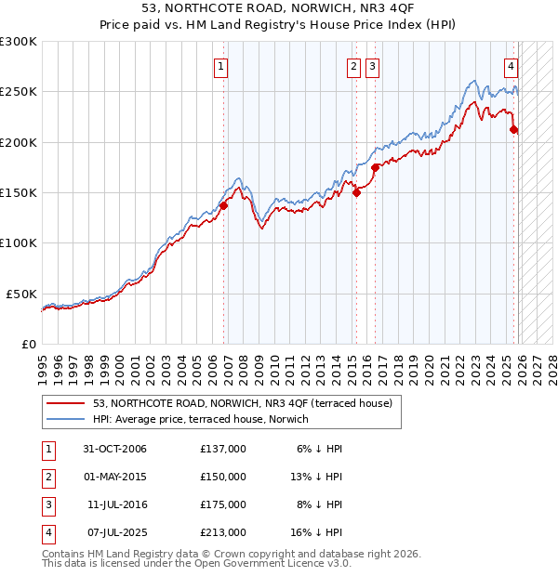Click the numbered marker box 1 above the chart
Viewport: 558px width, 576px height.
(x=221, y=66)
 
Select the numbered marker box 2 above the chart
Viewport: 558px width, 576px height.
(x=354, y=66)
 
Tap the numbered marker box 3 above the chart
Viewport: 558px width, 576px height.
(x=372, y=66)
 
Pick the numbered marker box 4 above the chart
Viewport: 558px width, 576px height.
(x=511, y=66)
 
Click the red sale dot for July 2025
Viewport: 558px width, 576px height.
(x=514, y=130)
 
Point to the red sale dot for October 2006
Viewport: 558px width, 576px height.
(x=223, y=206)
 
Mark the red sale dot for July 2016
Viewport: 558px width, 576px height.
(x=376, y=168)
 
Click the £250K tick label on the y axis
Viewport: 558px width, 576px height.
(x=19, y=92)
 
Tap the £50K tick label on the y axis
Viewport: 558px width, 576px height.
(x=21, y=294)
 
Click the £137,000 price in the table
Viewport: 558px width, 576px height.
(x=223, y=449)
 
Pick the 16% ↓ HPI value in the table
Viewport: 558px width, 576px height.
(x=319, y=532)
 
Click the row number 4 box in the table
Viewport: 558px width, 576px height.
(x=48, y=532)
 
